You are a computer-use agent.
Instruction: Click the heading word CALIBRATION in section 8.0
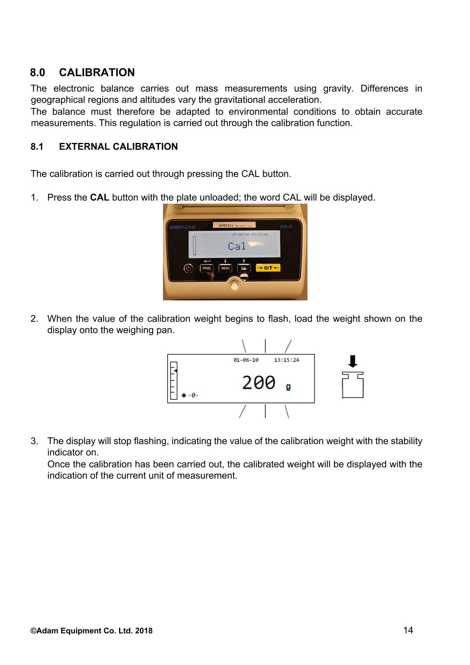tap(97, 72)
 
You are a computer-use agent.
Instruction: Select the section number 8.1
tap(37, 146)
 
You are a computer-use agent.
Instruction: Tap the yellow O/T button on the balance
tap(268, 268)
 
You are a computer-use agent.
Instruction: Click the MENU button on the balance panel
tap(225, 268)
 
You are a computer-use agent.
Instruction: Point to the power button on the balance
tap(189, 268)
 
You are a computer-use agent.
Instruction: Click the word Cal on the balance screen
tap(237, 246)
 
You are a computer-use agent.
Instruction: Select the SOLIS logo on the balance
tap(286, 226)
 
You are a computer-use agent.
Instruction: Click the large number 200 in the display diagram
tap(258, 382)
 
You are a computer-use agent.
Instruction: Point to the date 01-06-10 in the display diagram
tap(246, 360)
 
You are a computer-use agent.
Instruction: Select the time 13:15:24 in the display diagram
tap(286, 360)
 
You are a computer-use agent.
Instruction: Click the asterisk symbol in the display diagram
tap(184, 396)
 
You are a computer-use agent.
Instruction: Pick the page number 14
tap(408, 630)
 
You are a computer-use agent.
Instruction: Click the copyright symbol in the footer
tap(34, 631)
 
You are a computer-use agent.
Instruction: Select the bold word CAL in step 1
tap(99, 197)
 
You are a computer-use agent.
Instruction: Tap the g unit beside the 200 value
tap(288, 387)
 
